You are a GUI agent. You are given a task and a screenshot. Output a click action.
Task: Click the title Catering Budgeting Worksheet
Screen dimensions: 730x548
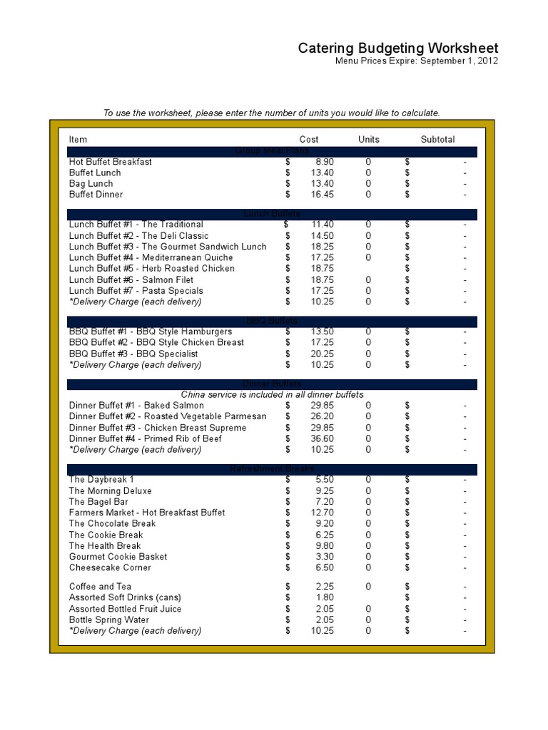(397, 48)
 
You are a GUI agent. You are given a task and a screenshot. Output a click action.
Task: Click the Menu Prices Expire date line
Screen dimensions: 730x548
(417, 61)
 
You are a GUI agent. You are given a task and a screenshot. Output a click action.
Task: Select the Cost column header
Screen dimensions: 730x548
(309, 140)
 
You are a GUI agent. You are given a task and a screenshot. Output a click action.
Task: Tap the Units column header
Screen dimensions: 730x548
(368, 140)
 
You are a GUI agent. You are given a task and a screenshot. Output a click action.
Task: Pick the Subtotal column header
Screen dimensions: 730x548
(437, 140)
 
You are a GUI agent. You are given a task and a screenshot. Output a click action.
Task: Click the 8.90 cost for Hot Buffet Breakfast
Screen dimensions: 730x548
(324, 162)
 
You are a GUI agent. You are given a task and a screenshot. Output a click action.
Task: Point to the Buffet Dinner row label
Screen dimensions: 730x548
(96, 195)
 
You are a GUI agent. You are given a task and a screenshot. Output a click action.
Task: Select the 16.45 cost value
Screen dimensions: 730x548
(322, 195)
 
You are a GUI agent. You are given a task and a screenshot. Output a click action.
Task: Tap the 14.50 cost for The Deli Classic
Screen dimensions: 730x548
(322, 236)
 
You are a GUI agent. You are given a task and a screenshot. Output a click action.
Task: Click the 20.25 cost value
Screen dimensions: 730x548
(322, 354)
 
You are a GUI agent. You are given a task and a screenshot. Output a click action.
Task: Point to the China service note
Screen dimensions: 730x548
(272, 395)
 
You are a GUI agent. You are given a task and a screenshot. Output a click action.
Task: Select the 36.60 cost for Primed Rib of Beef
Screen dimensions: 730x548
(322, 439)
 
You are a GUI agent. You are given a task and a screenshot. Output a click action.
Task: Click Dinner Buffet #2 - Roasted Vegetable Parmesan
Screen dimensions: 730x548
(168, 416)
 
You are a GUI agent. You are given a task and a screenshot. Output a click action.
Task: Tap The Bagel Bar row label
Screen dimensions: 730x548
(98, 502)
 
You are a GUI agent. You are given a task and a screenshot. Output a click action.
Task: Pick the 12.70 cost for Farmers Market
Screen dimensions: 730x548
(322, 513)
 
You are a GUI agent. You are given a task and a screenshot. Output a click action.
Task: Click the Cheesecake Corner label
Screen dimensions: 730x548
(110, 568)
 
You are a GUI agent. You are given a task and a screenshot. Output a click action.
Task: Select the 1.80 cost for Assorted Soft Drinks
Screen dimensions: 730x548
(324, 597)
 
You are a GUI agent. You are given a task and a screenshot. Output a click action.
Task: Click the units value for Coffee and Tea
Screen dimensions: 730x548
(368, 587)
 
